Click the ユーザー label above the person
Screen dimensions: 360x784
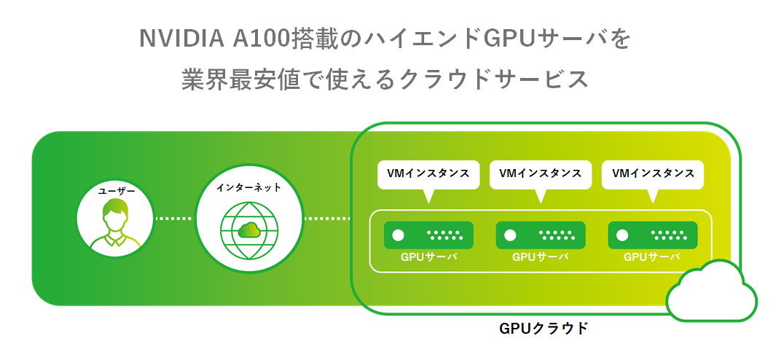(117, 191)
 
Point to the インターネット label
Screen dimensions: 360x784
(248, 187)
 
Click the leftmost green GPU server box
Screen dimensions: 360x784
(428, 235)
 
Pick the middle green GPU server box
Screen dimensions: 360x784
(541, 235)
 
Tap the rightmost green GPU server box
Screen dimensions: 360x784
(653, 235)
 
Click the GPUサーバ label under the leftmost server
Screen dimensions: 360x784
(428, 257)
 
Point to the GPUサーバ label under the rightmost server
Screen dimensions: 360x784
(653, 257)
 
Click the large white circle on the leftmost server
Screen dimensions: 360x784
(398, 235)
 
